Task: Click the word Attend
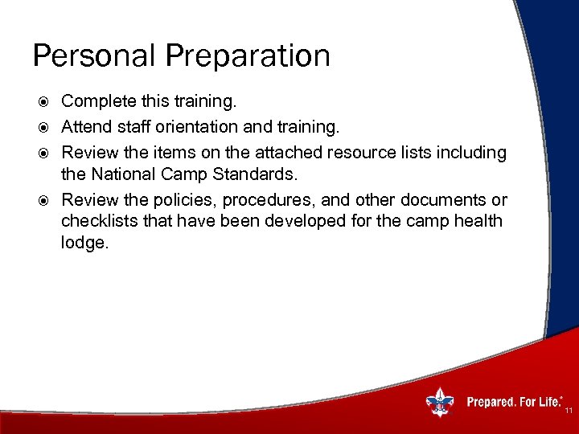pyautogui.click(x=87, y=127)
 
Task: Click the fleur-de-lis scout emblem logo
pyautogui.click(x=439, y=401)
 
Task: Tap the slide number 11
pyautogui.click(x=568, y=411)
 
